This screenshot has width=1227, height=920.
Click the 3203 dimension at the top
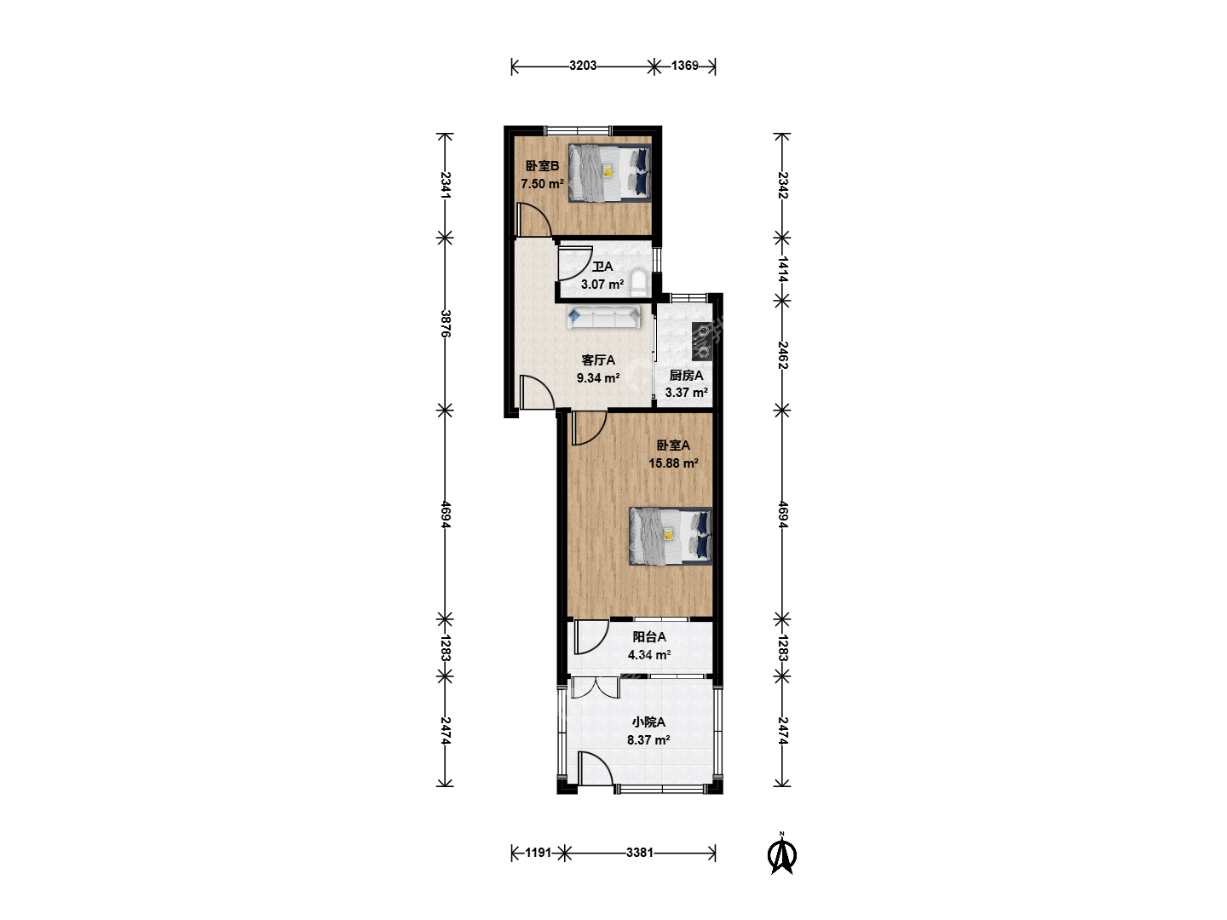click(x=583, y=66)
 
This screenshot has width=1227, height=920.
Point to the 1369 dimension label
click(x=685, y=66)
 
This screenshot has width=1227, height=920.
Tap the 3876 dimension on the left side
click(x=445, y=324)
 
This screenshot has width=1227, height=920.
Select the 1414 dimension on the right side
click(x=782, y=270)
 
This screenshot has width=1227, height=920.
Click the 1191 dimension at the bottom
click(x=539, y=853)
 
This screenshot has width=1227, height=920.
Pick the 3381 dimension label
click(x=640, y=853)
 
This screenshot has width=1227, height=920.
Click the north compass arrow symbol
click(x=782, y=854)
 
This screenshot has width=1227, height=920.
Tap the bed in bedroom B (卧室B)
click(x=610, y=173)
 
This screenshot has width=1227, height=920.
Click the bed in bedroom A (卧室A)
click(x=671, y=537)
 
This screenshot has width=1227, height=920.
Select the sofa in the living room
click(x=604, y=317)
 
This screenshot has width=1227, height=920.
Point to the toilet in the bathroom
click(x=638, y=283)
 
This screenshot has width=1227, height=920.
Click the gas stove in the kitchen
click(x=701, y=341)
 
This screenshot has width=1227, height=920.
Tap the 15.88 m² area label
click(x=673, y=463)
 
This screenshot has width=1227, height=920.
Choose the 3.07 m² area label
click(x=602, y=285)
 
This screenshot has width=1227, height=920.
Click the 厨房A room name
click(x=686, y=376)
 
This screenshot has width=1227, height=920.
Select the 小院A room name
click(x=648, y=722)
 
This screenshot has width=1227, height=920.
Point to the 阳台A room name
click(x=649, y=637)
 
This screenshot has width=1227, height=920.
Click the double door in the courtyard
click(x=596, y=687)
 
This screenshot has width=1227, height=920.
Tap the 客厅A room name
click(x=598, y=360)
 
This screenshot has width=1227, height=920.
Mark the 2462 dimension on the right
click(x=782, y=356)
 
